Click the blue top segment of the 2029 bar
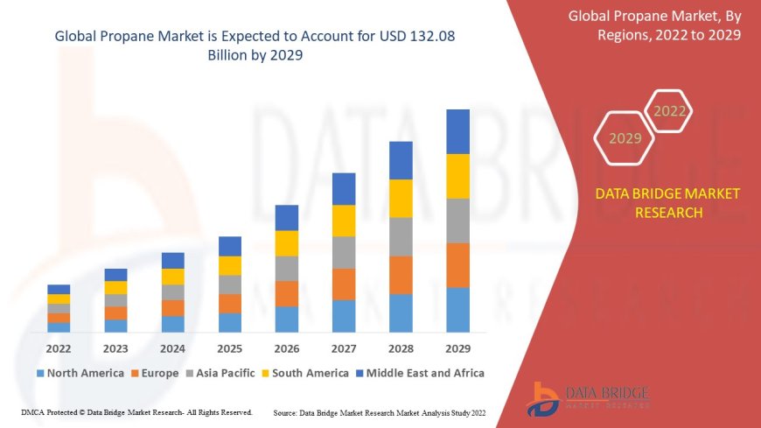(x=457, y=131)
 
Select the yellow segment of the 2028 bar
(x=401, y=198)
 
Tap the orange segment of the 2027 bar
(x=344, y=284)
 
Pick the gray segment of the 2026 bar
(x=287, y=268)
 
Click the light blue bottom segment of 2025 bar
(x=230, y=322)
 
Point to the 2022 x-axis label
(x=59, y=348)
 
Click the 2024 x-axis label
(x=173, y=348)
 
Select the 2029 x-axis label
(x=457, y=348)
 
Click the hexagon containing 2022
(x=670, y=111)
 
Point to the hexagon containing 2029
(x=625, y=138)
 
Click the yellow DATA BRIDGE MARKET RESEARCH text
(x=667, y=203)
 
